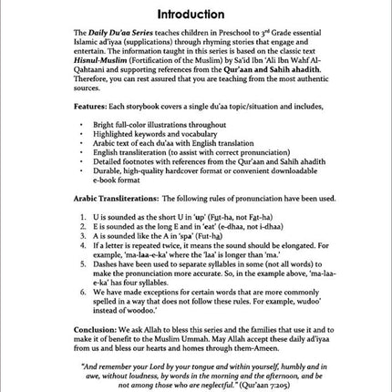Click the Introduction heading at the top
pos(193,15)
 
